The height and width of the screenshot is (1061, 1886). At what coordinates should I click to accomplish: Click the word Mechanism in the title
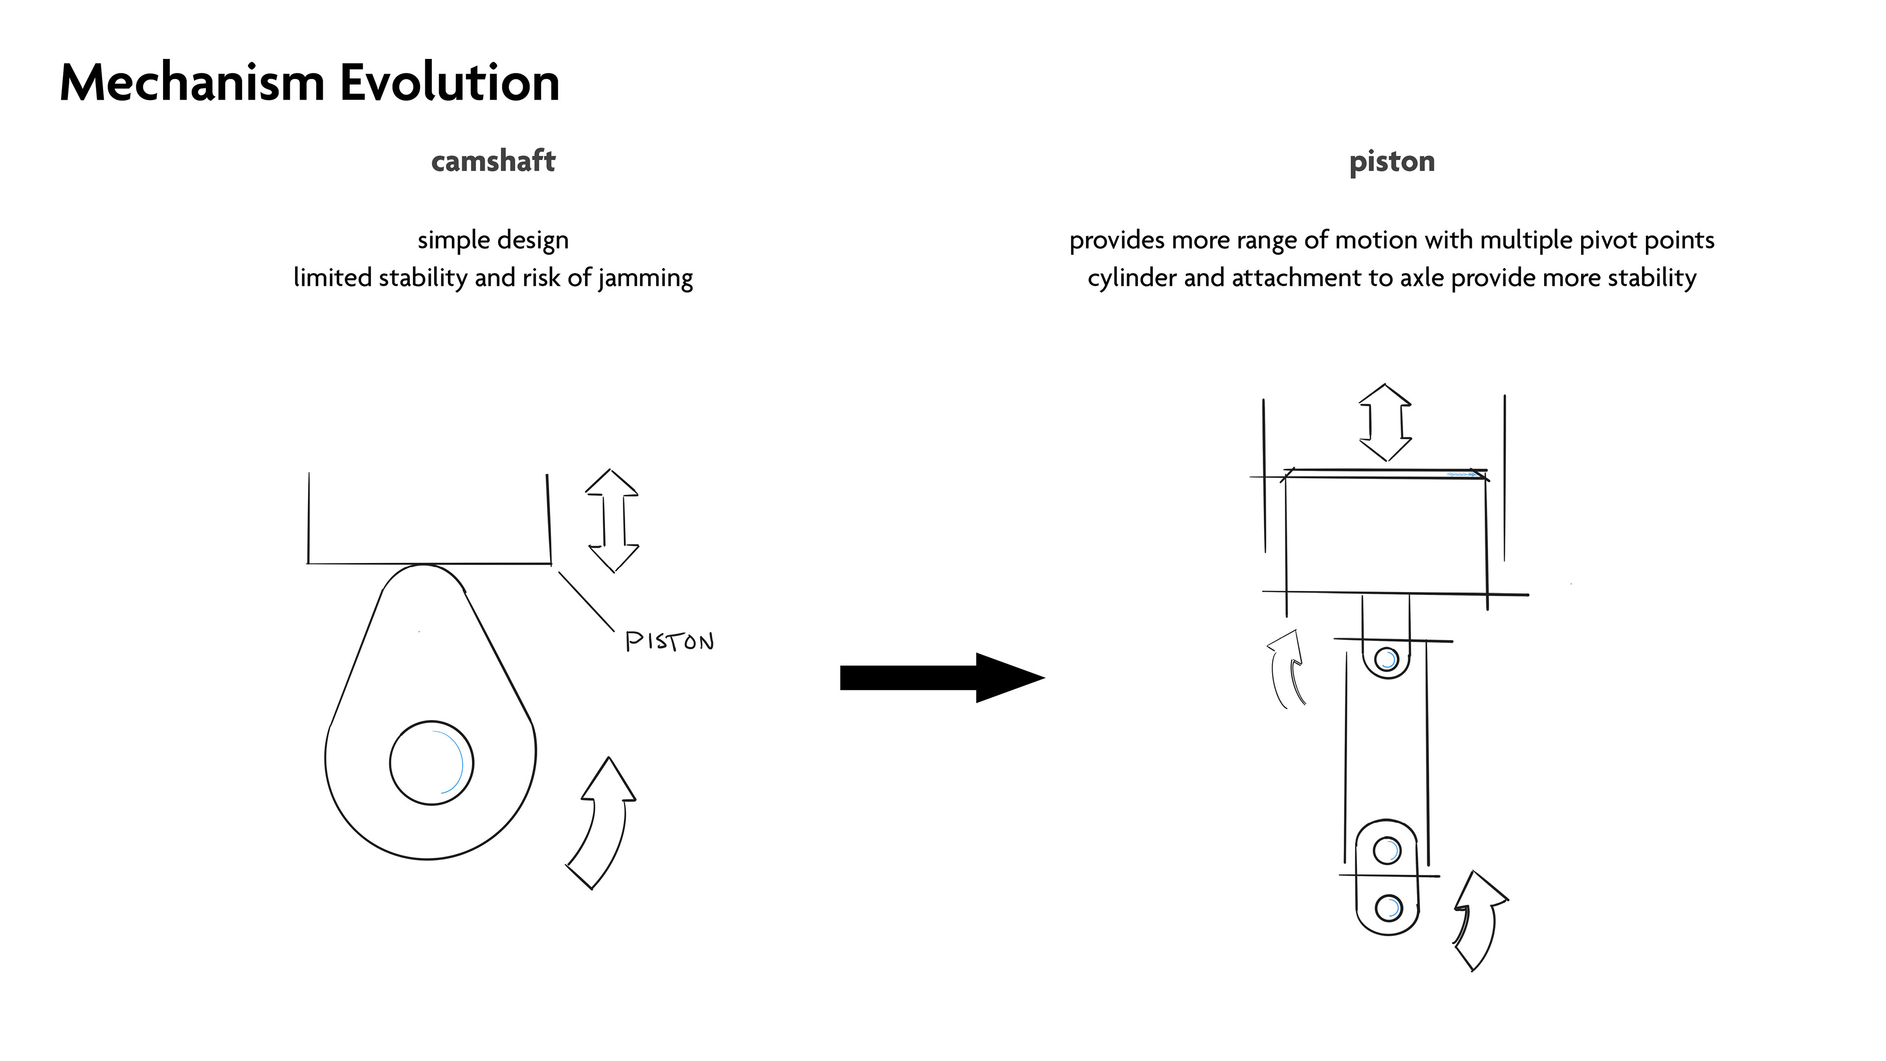pyautogui.click(x=192, y=83)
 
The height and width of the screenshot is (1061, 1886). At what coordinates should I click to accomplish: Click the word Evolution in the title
pyautogui.click(x=449, y=83)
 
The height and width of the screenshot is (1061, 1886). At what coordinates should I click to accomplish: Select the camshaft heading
pyautogui.click(x=493, y=161)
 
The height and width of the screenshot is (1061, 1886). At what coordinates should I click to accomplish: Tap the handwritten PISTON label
pyautogui.click(x=669, y=642)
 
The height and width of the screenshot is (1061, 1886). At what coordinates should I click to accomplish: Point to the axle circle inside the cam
pyautogui.click(x=431, y=763)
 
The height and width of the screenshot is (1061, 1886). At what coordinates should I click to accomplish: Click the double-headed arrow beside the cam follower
pyautogui.click(x=612, y=521)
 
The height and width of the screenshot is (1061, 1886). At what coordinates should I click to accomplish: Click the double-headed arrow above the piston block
pyautogui.click(x=1385, y=422)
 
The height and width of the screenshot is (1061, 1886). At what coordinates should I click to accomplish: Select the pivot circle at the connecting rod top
pyautogui.click(x=1386, y=660)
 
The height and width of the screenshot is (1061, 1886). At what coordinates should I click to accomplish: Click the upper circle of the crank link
pyautogui.click(x=1387, y=851)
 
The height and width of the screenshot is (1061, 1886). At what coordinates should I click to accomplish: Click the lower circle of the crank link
pyautogui.click(x=1387, y=908)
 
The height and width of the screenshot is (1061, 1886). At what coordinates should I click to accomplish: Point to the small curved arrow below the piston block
pyautogui.click(x=1287, y=668)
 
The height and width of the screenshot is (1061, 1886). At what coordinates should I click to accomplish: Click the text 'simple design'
pyautogui.click(x=493, y=240)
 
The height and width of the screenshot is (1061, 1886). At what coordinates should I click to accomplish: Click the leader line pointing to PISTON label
pyautogui.click(x=586, y=601)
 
